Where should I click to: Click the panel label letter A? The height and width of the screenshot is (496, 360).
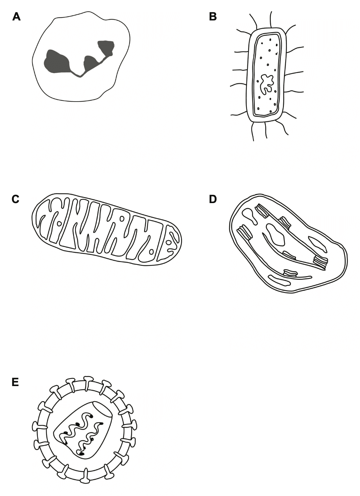click(x=16, y=17)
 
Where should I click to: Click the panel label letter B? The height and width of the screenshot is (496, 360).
click(x=213, y=17)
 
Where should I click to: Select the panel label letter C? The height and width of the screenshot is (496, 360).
click(x=15, y=199)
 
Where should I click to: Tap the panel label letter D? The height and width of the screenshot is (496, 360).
click(x=213, y=199)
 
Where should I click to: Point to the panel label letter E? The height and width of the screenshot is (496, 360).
click(x=15, y=382)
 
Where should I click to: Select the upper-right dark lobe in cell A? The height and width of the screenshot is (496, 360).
click(x=106, y=47)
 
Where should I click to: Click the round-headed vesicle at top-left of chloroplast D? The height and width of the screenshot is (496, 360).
click(x=250, y=216)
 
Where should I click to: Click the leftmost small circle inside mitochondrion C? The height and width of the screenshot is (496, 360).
click(x=59, y=224)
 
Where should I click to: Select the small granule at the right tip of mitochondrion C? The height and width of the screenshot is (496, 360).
click(x=169, y=243)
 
